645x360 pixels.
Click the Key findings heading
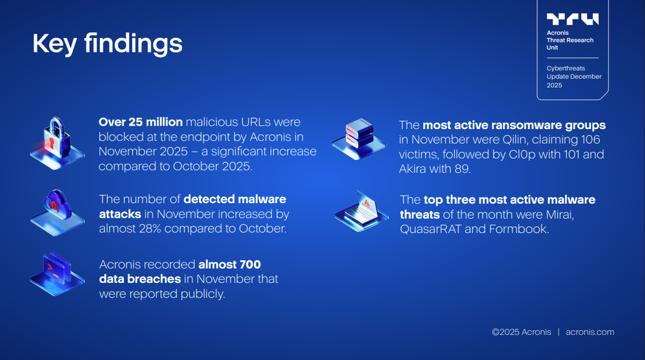[107, 43]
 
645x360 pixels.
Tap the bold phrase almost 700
[230, 264]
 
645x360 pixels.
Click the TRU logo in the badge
[572, 19]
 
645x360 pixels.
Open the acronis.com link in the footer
[590, 332]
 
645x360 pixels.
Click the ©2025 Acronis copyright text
[521, 332]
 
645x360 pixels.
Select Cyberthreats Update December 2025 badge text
[573, 76]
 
